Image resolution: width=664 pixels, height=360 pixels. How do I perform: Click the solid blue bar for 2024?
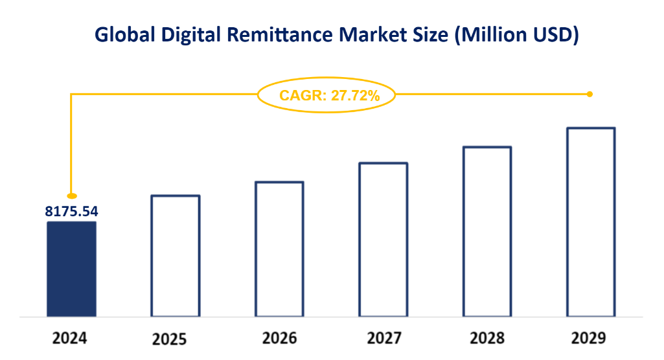(x=71, y=269)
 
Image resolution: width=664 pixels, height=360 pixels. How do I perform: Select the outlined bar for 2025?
(x=175, y=256)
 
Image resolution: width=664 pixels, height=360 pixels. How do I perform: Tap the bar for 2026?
(x=279, y=249)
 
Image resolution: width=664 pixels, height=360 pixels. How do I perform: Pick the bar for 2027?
(x=383, y=240)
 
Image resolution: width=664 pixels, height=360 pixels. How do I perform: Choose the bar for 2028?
(x=487, y=232)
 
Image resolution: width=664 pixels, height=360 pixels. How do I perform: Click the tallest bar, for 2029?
(x=590, y=223)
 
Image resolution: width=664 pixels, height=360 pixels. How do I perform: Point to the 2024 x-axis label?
(x=70, y=339)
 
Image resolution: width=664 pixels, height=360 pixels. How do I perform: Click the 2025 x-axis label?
(x=170, y=339)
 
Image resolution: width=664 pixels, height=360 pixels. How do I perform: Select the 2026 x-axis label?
(x=279, y=339)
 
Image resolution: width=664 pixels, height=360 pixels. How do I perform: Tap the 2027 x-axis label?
(x=383, y=339)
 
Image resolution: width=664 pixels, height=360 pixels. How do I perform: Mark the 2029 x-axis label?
(x=589, y=339)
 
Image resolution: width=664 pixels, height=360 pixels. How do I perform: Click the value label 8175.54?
(x=71, y=211)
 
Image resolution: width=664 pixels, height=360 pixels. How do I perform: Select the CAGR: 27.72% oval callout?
(x=327, y=95)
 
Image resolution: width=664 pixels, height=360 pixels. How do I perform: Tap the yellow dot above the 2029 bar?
(x=590, y=95)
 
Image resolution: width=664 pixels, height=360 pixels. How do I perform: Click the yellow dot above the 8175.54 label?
(x=72, y=196)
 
